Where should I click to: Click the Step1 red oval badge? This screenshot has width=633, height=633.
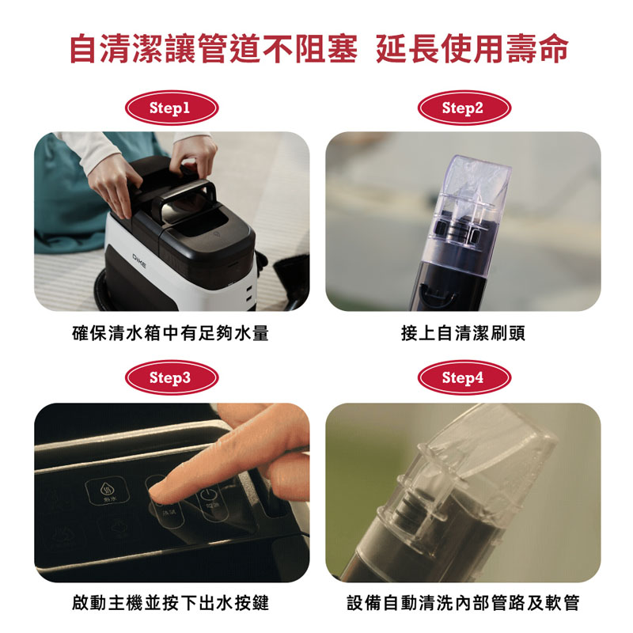[x=172, y=108]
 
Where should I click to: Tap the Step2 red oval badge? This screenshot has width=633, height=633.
[x=464, y=108]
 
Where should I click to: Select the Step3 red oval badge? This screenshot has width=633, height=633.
[x=172, y=377]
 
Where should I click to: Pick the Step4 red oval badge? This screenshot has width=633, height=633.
[x=464, y=377]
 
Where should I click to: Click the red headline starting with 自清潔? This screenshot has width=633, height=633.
[x=319, y=49]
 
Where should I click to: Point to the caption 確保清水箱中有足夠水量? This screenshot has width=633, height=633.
[x=170, y=333]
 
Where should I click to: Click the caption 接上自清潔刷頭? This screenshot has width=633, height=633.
[x=463, y=333]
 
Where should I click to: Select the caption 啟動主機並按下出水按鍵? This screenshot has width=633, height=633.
[x=170, y=603]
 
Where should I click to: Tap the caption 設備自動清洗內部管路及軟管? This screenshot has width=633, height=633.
[x=463, y=603]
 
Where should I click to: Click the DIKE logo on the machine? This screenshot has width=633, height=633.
[x=140, y=261]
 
